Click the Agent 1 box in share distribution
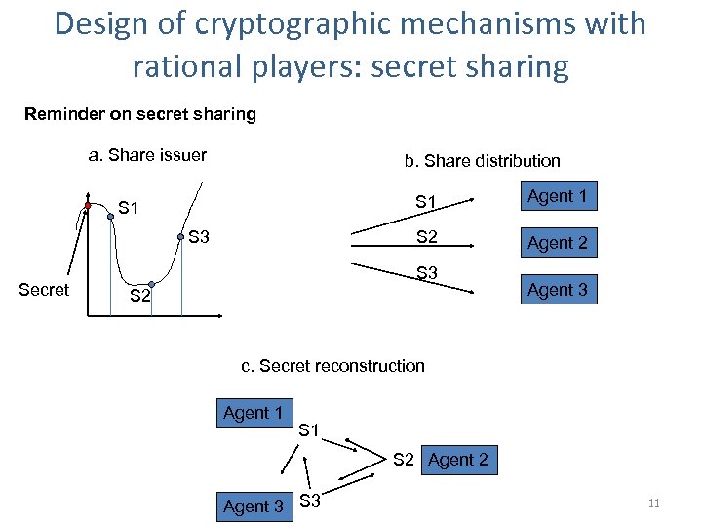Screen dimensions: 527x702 click(x=557, y=196)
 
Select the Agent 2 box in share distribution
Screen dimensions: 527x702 click(x=557, y=243)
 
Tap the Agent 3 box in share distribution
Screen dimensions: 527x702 click(x=557, y=290)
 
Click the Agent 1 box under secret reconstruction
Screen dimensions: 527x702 click(x=253, y=413)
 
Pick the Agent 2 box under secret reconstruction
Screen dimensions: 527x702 click(x=458, y=460)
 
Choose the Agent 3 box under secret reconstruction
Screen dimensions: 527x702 click(x=253, y=507)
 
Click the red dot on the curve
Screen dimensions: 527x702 click(x=87, y=207)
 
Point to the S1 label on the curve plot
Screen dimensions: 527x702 click(x=129, y=207)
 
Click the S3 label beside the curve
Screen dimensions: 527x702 click(x=199, y=236)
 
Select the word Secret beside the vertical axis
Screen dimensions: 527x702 click(x=44, y=290)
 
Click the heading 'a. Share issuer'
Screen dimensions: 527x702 click(x=147, y=154)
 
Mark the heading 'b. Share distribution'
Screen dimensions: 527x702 click(x=482, y=161)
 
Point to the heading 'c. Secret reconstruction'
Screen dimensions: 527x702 click(x=332, y=366)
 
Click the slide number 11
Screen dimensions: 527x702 click(x=653, y=503)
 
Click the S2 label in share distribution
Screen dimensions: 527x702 click(x=426, y=236)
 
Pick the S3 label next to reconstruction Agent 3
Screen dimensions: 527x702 click(x=311, y=502)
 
